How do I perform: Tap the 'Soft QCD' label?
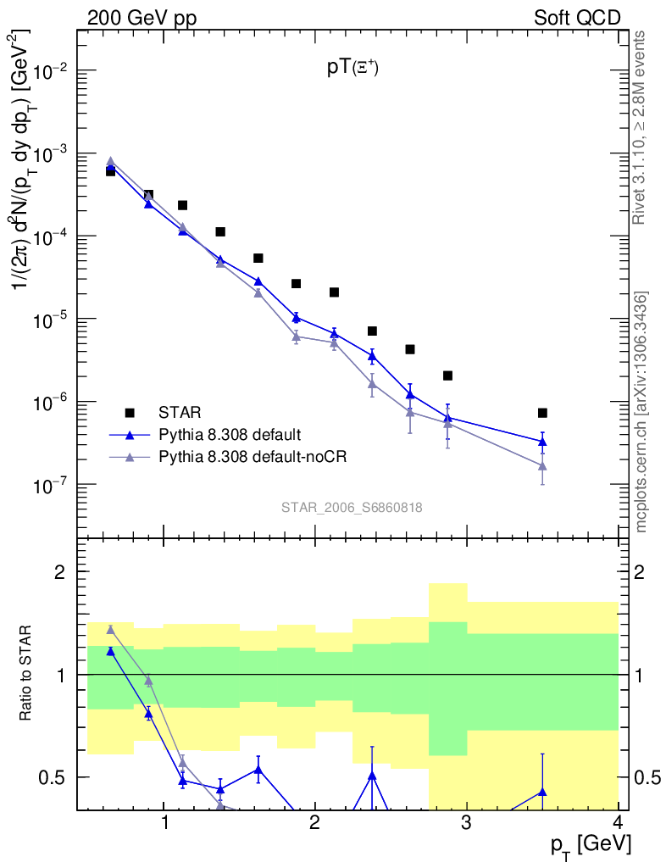pyautogui.click(x=576, y=18)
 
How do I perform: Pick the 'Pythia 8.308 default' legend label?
pyautogui.click(x=229, y=435)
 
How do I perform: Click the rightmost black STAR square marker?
pyautogui.click(x=542, y=413)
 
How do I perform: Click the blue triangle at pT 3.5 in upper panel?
pyautogui.click(x=542, y=441)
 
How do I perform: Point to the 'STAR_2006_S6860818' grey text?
pyautogui.click(x=352, y=508)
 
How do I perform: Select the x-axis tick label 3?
pyautogui.click(x=466, y=822)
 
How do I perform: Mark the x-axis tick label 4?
pyautogui.click(x=617, y=822)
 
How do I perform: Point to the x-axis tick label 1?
pyautogui.click(x=164, y=822)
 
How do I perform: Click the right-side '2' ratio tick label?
pyautogui.click(x=640, y=572)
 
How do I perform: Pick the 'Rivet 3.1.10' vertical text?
pyautogui.click(x=641, y=127)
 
